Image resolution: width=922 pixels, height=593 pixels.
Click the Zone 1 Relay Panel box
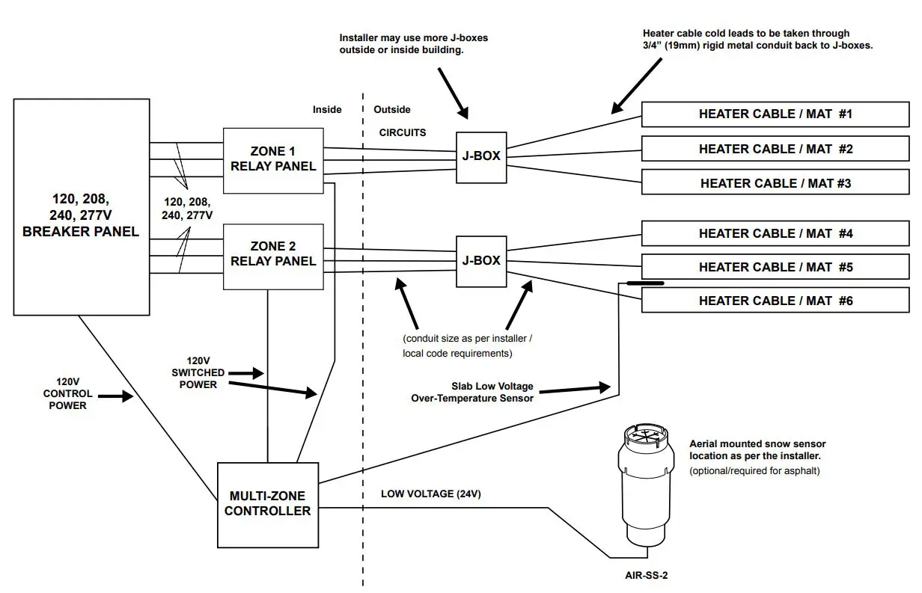click(273, 160)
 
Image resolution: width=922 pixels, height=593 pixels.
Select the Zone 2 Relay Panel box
click(273, 254)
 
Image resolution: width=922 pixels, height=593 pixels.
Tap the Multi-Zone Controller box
click(268, 504)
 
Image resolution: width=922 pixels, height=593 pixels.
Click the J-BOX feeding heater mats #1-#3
click(481, 156)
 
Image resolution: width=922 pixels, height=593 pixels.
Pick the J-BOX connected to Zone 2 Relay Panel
click(481, 261)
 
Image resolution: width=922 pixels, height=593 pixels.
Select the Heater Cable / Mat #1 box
click(775, 114)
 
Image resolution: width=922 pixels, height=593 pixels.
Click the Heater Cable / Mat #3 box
click(775, 183)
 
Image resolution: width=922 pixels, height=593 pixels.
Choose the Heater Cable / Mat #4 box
click(775, 233)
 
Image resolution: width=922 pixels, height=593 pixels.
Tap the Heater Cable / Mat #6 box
click(775, 301)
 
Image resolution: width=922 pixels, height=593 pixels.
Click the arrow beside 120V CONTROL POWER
click(115, 397)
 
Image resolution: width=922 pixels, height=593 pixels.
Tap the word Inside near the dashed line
click(327, 109)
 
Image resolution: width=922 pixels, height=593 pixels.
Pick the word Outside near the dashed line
click(392, 109)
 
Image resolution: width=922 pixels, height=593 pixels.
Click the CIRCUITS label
click(403, 132)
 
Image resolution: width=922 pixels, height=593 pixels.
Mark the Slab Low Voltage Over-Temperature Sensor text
click(472, 392)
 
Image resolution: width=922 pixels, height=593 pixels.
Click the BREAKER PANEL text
click(81, 232)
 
